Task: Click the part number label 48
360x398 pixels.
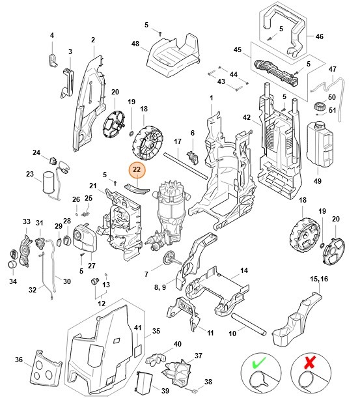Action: (135, 44)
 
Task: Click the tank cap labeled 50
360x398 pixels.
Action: (320, 107)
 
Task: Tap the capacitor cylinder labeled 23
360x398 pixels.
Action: (48, 183)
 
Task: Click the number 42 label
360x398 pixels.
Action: (246, 118)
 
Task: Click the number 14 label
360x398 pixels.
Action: (244, 270)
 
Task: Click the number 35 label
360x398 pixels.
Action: (156, 332)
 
